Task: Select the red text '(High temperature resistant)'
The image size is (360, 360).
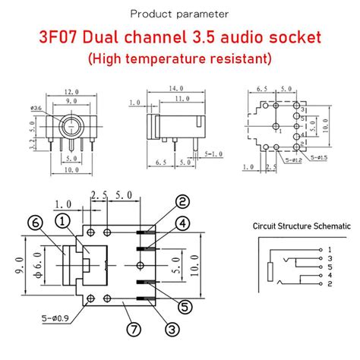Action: point(180,58)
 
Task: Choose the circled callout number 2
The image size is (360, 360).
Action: point(182,201)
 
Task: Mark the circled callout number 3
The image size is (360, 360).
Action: point(172,329)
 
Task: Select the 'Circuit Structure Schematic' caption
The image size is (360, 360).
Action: point(302,226)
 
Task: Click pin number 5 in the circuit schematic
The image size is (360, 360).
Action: point(329,267)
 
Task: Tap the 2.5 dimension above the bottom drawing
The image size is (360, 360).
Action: point(98,196)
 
